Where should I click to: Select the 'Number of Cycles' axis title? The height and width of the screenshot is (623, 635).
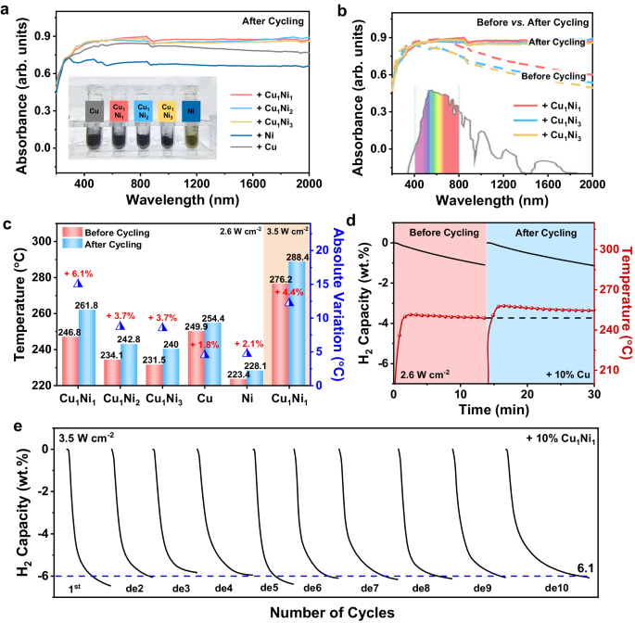(327, 612)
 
